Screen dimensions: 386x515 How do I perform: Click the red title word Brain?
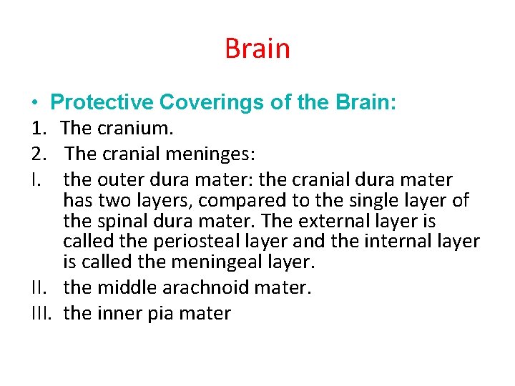click(x=257, y=49)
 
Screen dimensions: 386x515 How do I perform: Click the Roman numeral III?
click(x=42, y=313)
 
